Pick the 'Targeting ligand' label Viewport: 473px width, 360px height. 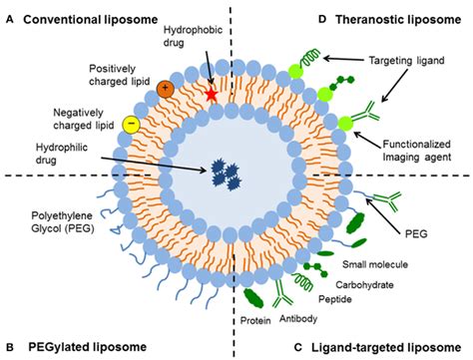point(409,62)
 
